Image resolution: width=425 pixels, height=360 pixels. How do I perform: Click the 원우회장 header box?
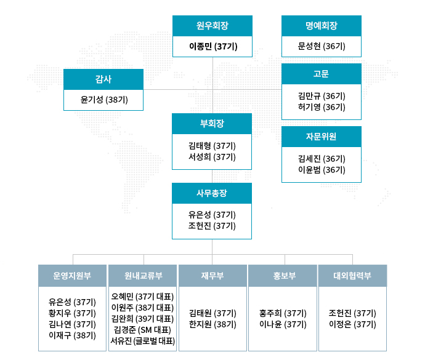212,26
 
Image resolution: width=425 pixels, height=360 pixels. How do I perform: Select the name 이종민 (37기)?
213,47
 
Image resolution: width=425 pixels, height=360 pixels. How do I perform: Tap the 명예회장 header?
322,26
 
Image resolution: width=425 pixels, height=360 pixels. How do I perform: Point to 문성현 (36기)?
322,46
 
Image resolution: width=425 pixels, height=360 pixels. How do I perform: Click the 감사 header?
103,79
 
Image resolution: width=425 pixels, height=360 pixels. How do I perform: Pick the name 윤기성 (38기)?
104,100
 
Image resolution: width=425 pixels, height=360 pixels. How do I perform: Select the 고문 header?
322,74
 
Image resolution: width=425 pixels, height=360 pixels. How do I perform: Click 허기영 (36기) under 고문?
322,107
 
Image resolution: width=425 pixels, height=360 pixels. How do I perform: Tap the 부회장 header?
212,124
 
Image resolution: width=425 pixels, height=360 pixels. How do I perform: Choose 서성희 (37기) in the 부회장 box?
212,157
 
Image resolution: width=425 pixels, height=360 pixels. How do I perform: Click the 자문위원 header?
322,137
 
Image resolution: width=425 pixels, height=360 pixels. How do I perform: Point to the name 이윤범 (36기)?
322,170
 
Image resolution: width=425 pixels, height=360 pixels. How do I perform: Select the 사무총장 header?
212,193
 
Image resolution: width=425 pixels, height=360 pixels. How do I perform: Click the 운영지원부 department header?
72,276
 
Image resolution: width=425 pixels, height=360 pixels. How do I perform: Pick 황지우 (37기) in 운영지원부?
72,313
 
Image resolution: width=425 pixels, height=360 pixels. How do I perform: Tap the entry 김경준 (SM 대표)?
142,330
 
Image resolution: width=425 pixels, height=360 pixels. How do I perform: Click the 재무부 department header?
212,276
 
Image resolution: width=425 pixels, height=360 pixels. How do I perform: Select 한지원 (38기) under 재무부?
212,324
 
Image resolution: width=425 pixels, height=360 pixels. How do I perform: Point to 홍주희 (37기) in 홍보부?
283,313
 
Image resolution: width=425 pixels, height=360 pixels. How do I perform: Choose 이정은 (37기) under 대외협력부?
352,324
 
